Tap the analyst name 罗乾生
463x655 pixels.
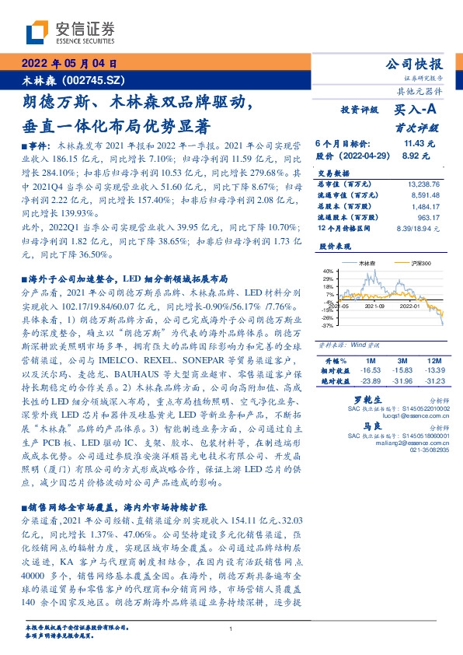(x=354, y=399)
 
